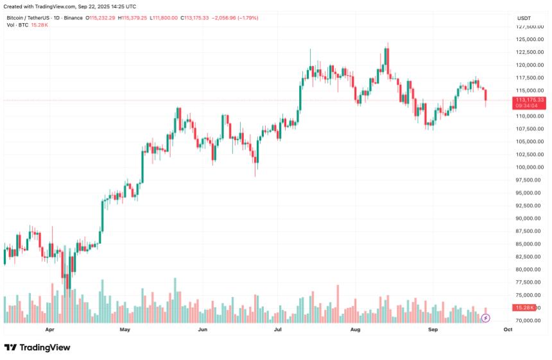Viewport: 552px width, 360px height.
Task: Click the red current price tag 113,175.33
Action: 530,100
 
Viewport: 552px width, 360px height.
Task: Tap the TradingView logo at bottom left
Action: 37,347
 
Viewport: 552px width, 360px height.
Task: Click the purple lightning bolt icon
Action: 486,318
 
